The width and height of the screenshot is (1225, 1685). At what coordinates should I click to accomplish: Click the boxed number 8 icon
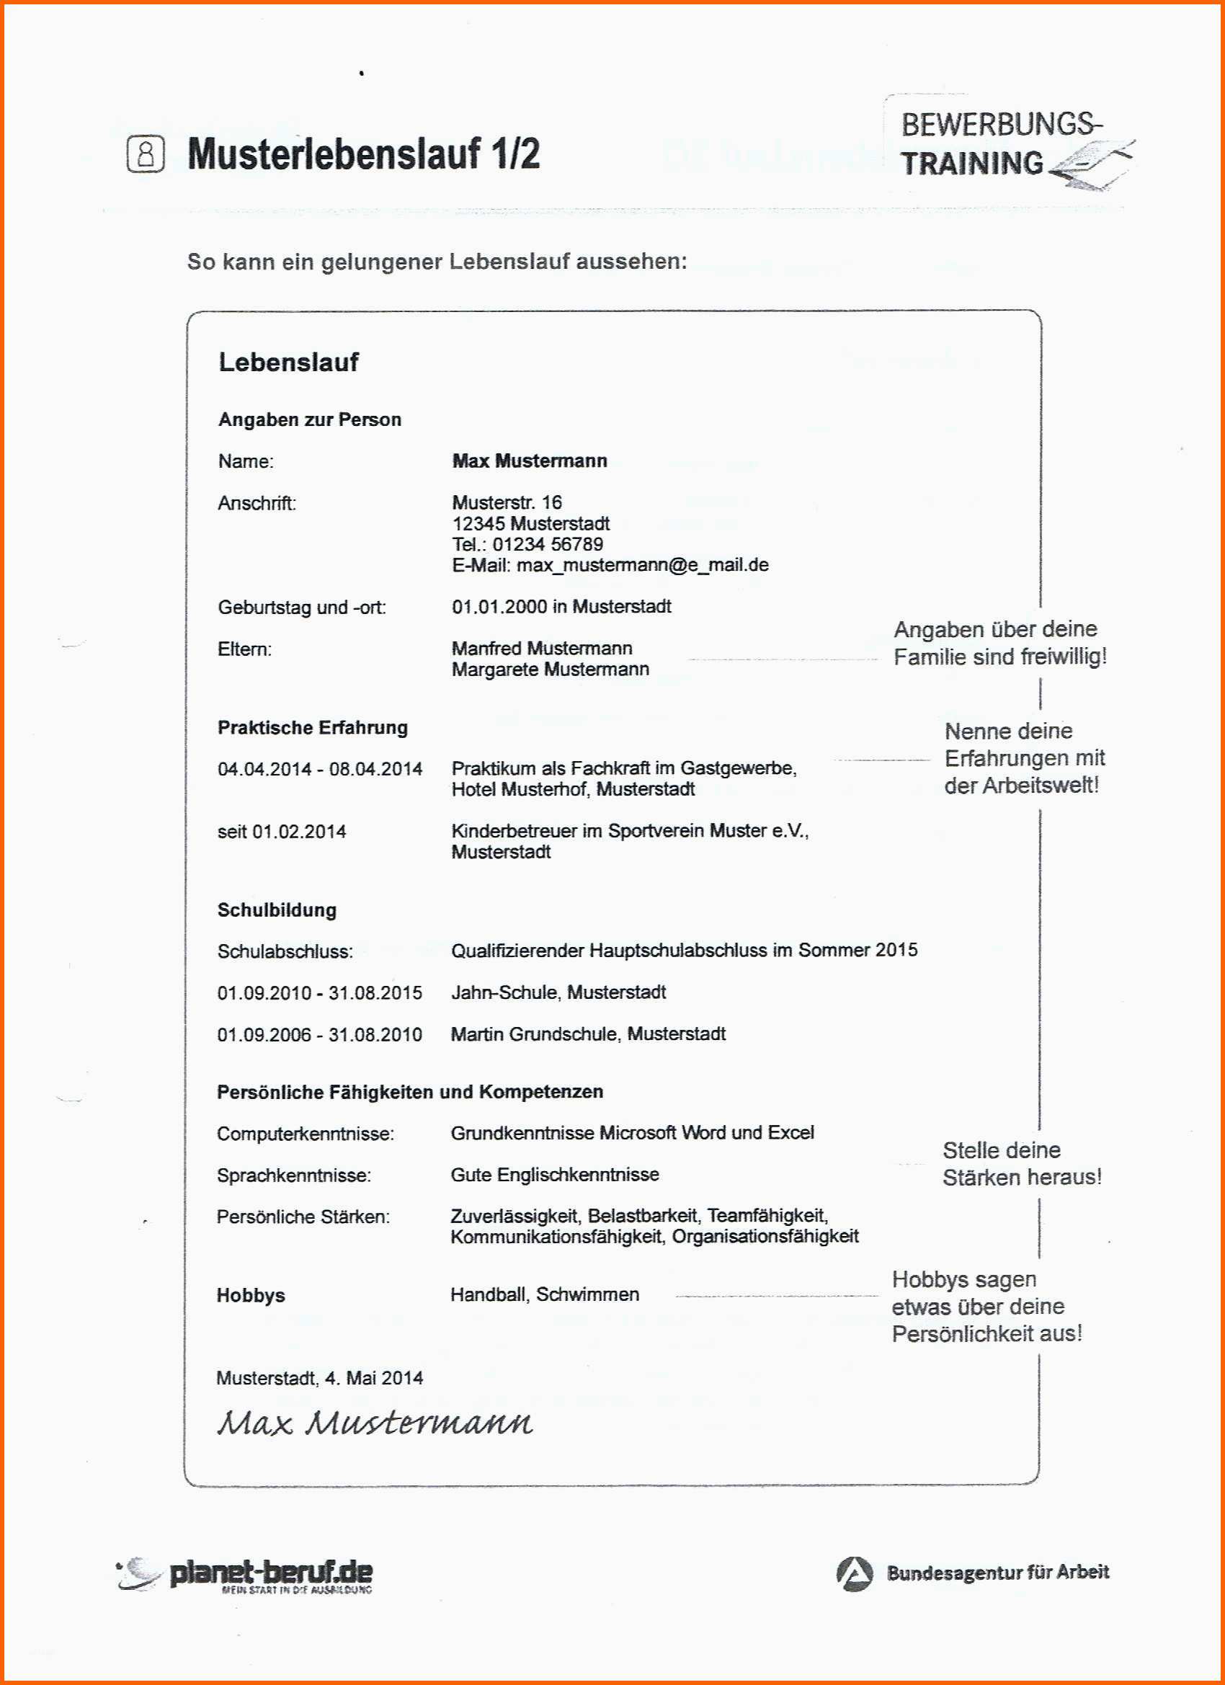(x=146, y=154)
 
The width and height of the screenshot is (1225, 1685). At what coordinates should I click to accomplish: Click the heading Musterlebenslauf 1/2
(x=363, y=154)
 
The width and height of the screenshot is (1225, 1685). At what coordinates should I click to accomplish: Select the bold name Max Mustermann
(x=529, y=461)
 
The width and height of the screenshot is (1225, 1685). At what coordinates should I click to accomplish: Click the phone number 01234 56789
(x=548, y=544)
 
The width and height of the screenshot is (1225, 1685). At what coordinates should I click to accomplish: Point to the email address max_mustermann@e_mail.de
(x=643, y=564)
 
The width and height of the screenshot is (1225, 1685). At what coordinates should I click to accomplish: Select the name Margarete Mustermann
(x=550, y=670)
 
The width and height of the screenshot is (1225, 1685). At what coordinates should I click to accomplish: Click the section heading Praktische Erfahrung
(x=312, y=727)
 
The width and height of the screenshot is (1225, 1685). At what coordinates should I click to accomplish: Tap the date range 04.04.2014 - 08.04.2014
(x=319, y=769)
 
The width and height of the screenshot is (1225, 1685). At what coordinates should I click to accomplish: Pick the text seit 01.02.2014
(x=282, y=832)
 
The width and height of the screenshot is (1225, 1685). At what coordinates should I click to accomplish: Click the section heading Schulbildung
(x=277, y=910)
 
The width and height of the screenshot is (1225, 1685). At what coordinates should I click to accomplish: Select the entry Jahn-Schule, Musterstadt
(x=558, y=992)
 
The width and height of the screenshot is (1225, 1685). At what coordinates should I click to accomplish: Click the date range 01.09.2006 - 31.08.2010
(x=319, y=1034)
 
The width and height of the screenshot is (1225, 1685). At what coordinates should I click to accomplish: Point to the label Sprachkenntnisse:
(x=293, y=1175)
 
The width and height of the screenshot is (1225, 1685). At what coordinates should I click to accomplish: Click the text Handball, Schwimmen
(x=545, y=1294)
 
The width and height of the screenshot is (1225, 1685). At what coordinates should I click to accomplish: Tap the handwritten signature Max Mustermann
(x=375, y=1423)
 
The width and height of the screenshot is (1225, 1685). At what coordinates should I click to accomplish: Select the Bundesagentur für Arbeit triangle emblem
(x=855, y=1573)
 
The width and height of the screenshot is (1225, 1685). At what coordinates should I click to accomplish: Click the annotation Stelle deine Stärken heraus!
(x=1022, y=1163)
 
